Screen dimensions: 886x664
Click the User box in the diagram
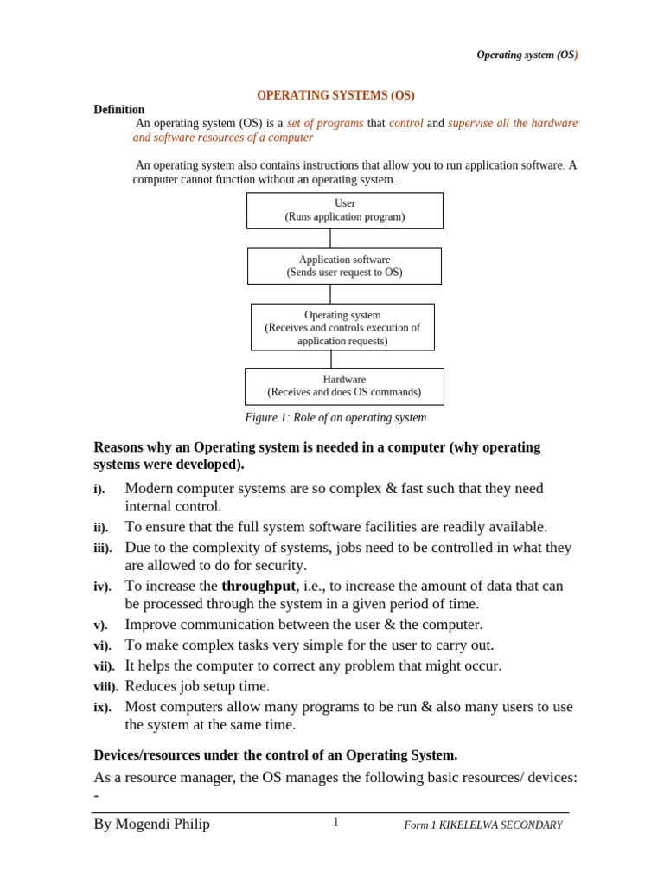click(x=344, y=210)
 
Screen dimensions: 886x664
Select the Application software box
click(x=344, y=266)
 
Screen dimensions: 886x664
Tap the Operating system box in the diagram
click(x=342, y=327)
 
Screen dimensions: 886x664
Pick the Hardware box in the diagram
click(x=344, y=386)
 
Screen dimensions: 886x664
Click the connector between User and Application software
click(x=330, y=239)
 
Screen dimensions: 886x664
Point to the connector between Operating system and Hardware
click(x=330, y=359)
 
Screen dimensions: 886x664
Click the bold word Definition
click(x=119, y=110)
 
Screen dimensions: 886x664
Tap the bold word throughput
click(x=259, y=587)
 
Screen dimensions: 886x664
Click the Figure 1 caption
click(x=336, y=418)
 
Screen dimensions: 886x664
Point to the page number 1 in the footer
click(x=335, y=823)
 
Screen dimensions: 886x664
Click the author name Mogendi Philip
click(x=151, y=825)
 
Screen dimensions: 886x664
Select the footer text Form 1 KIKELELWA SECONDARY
click(x=483, y=825)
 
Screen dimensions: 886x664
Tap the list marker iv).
click(x=102, y=587)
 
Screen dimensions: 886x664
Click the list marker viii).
click(x=105, y=688)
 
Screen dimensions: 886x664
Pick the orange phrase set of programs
click(x=325, y=124)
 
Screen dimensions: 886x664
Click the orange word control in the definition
click(x=406, y=124)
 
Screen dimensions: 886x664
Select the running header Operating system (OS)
click(x=527, y=55)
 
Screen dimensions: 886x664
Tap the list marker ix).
click(x=102, y=708)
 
